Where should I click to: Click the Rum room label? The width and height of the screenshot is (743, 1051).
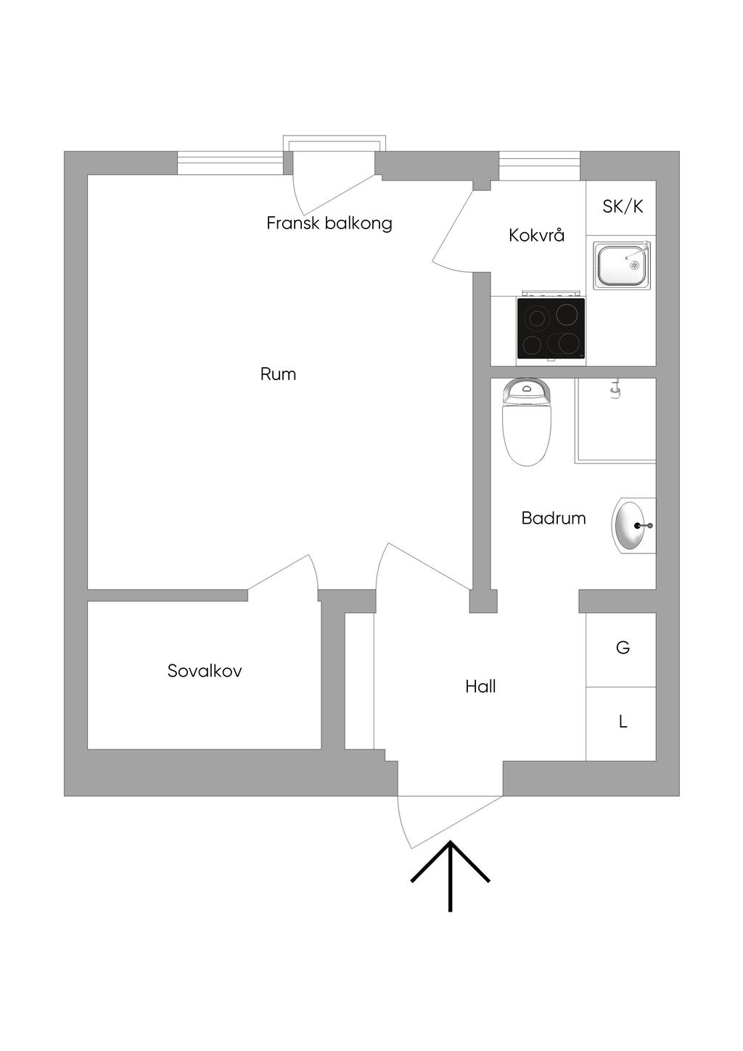[278, 374]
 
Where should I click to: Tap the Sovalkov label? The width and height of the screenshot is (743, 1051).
[205, 671]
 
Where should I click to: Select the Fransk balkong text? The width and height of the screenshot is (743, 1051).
[329, 223]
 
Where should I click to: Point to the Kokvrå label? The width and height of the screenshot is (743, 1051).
[536, 235]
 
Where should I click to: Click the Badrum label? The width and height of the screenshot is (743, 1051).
[554, 518]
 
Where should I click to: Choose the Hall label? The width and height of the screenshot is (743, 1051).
[480, 686]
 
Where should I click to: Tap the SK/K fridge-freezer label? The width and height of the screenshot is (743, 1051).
[623, 207]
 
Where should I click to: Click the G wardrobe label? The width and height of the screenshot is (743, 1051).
[622, 648]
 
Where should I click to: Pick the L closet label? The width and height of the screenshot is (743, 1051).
[622, 722]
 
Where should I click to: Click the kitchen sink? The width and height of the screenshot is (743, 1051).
[622, 265]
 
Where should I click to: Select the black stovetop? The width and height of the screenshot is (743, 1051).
[551, 329]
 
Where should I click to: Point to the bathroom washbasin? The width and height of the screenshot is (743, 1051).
[633, 524]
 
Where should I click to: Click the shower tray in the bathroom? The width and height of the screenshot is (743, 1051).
[615, 421]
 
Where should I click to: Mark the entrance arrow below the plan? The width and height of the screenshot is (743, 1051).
[450, 874]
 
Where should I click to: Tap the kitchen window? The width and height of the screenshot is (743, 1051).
[539, 166]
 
